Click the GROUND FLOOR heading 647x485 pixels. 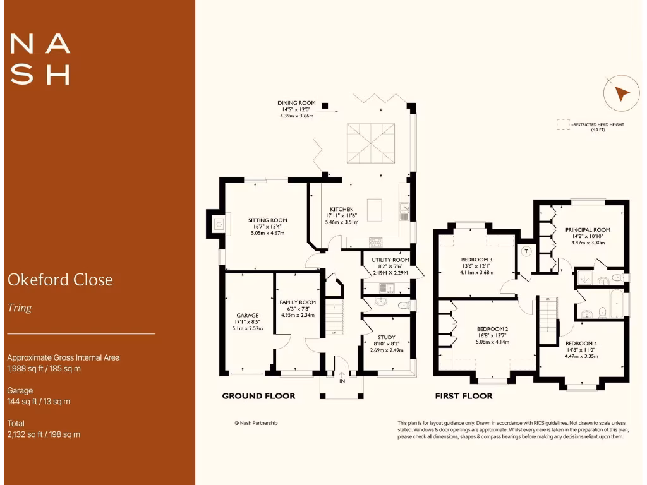pos(258,397)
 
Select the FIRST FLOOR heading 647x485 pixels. pos(464,397)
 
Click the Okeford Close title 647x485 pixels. pos(60,280)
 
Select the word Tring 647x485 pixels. pos(19,309)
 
